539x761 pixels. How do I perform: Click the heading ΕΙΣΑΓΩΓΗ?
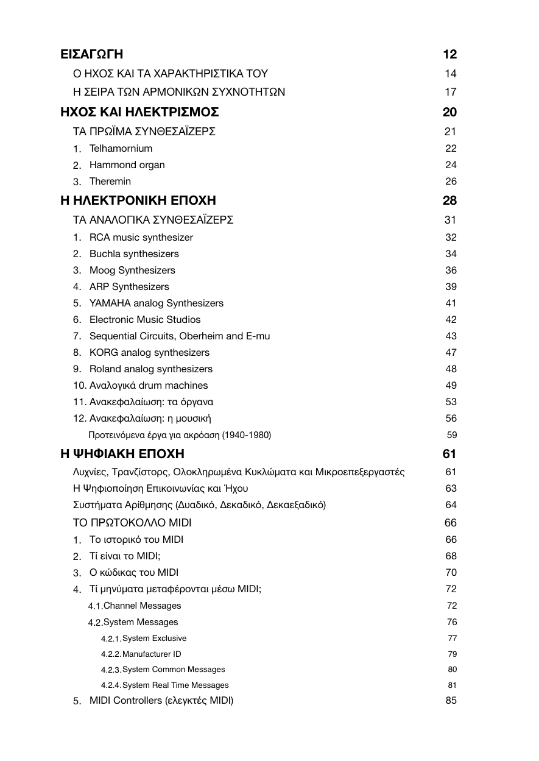pos(92,54)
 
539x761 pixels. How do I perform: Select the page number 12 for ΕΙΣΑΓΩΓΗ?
pos(450,54)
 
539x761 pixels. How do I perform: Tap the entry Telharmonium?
pos(121,148)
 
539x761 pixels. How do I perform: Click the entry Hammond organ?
pos(127,165)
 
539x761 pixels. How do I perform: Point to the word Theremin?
pos(110,181)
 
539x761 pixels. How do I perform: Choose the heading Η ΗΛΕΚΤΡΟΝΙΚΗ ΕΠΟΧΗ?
pos(138,200)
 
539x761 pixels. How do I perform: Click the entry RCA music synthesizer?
pos(141,237)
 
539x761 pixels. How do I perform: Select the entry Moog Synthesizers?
pos(132,270)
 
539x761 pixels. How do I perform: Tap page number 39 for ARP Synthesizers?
pos(451,286)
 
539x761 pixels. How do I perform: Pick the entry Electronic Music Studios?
pos(145,319)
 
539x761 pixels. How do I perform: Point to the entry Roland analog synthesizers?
pos(151,369)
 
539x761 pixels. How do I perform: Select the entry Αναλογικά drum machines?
pos(149,385)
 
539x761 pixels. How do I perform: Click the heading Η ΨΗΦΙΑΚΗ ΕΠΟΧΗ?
pos(122,454)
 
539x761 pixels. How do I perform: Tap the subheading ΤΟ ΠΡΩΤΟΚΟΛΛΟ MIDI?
pos(132,523)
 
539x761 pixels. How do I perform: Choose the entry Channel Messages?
pos(142,606)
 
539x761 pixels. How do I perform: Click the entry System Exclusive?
pos(154,639)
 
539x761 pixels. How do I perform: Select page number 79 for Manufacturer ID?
pos(452,654)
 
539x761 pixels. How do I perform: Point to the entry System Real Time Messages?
pos(175,685)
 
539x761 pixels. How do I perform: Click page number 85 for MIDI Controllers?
pos(451,700)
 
